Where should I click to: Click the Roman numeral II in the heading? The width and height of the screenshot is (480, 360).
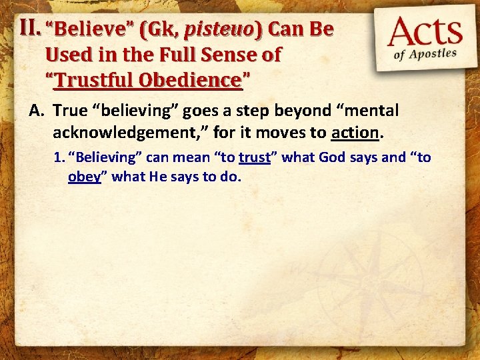coord(30,28)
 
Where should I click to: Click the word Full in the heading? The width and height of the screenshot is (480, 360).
coord(176,55)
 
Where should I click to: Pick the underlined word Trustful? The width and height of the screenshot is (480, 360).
coord(96,80)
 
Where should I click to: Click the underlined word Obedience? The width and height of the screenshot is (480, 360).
coord(191,80)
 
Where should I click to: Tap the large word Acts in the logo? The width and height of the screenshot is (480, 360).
coord(425,33)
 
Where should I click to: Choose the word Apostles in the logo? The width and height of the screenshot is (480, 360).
coord(435,53)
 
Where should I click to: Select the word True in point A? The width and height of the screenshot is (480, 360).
coord(70,111)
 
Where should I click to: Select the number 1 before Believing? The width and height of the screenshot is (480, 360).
coord(58,158)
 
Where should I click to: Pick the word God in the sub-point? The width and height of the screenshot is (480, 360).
coord(332,158)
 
